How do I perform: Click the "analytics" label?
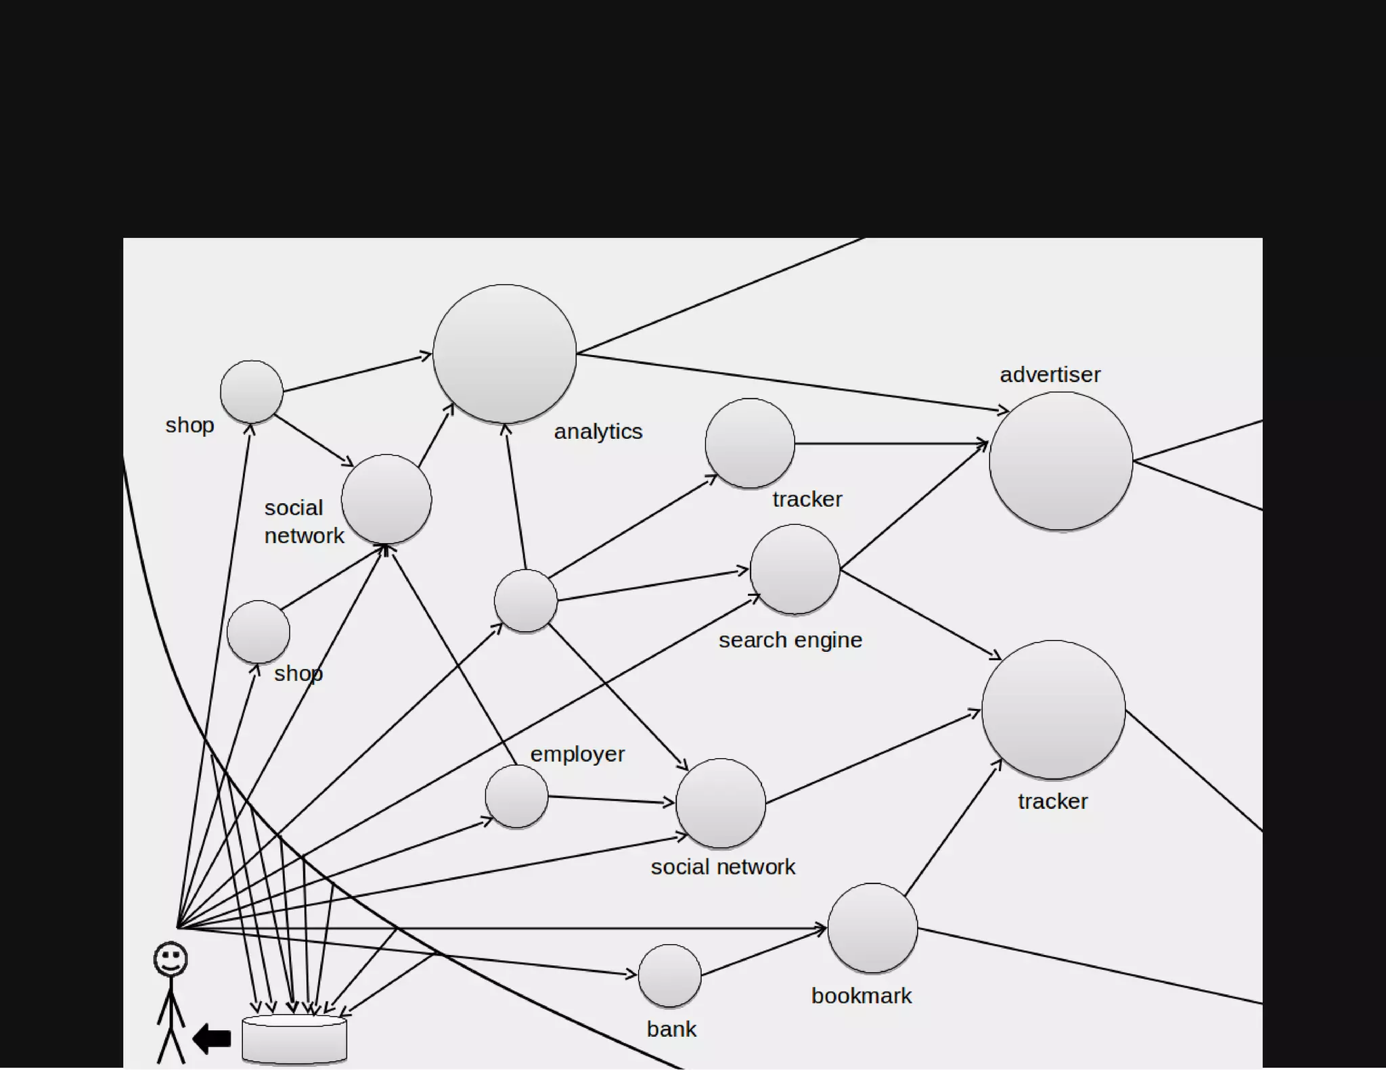(x=598, y=432)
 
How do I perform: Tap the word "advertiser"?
(x=1050, y=375)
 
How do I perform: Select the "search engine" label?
(x=790, y=640)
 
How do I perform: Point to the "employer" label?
(x=577, y=754)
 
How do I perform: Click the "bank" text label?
(x=671, y=1029)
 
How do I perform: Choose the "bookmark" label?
(x=861, y=996)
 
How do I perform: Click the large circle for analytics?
(x=504, y=354)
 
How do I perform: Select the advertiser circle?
(x=1060, y=461)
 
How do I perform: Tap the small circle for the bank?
(x=669, y=976)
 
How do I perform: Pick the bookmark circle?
(x=872, y=928)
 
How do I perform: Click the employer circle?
(x=516, y=796)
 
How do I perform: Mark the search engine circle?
(x=795, y=569)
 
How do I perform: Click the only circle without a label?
(x=525, y=601)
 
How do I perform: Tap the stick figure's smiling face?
(x=170, y=959)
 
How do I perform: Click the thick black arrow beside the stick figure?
(x=212, y=1038)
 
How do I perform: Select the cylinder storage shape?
(x=294, y=1040)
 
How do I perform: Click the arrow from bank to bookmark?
(x=763, y=952)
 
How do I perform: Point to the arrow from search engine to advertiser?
(x=914, y=506)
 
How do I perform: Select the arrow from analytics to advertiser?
(x=792, y=382)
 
